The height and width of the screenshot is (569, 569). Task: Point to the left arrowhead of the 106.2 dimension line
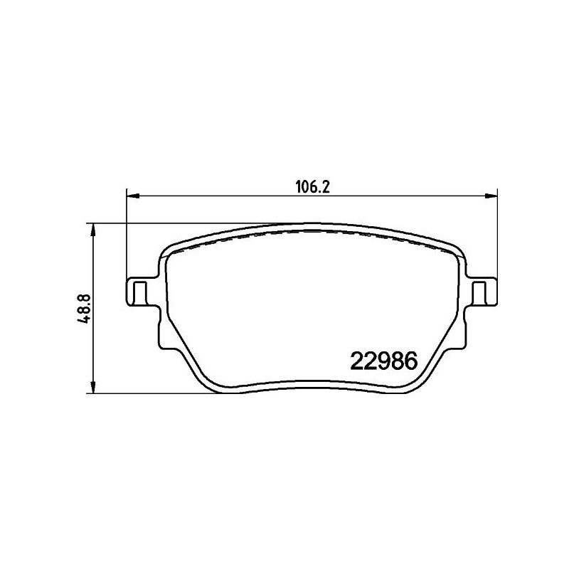(x=131, y=195)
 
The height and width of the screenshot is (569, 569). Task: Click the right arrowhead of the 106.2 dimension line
(x=492, y=195)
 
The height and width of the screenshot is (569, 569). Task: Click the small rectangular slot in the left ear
(x=140, y=291)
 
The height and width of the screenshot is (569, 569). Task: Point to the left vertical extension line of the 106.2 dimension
(x=127, y=235)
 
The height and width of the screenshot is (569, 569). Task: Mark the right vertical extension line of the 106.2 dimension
(x=496, y=235)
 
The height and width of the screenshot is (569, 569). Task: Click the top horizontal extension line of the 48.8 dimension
(x=178, y=223)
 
